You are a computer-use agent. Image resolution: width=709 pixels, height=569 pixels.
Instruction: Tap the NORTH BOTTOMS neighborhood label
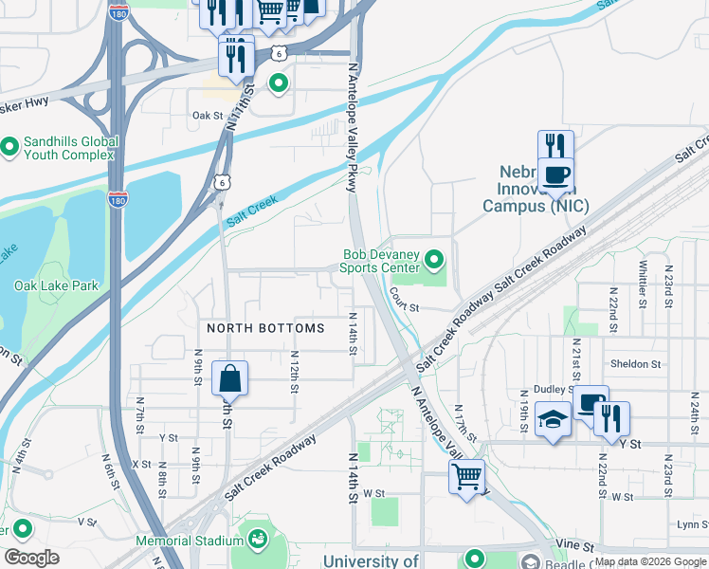coord(265,328)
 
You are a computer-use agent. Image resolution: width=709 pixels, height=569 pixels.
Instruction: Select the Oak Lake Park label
coord(56,284)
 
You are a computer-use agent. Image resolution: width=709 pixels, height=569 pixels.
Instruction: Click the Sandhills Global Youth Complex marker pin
coord(9,147)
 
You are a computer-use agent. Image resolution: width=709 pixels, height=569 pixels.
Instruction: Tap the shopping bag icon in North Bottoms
coord(230,379)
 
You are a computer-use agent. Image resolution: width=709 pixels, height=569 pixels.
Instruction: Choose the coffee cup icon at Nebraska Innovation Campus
coord(557,174)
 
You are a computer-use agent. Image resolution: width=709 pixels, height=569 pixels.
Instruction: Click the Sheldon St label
coord(636,364)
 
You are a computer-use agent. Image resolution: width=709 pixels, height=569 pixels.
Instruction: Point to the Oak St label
coord(206,116)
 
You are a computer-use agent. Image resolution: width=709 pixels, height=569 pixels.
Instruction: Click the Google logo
coord(31,558)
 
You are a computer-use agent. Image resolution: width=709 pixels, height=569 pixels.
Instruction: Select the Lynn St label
coord(693,523)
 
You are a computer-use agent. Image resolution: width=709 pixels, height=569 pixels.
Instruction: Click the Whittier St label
coord(643,281)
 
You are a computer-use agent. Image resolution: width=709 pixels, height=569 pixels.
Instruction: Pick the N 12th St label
coord(295,366)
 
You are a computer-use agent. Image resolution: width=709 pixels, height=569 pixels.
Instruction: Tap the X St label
coord(142,464)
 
